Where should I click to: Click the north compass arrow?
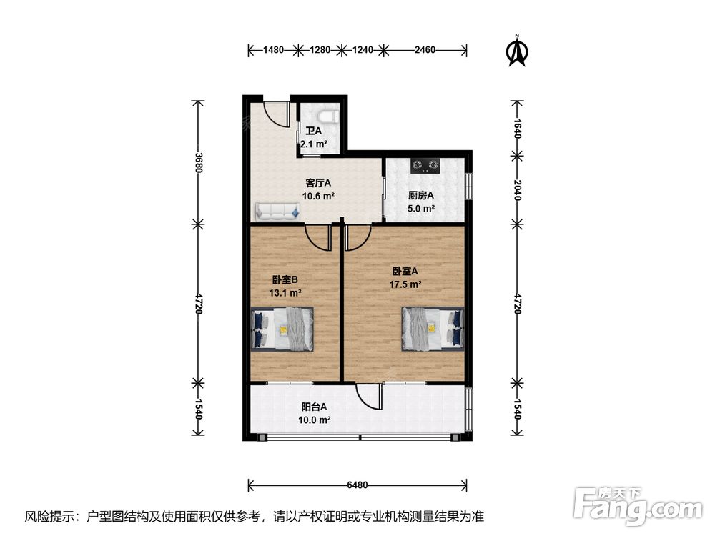click(x=517, y=51)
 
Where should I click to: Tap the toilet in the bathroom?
click(x=327, y=115)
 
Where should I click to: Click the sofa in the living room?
click(x=277, y=211)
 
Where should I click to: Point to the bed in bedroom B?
click(x=282, y=329)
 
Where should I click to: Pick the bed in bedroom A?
click(x=433, y=329)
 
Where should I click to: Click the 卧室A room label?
click(x=405, y=271)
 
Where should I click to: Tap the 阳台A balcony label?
click(x=314, y=407)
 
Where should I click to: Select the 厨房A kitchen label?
click(x=420, y=196)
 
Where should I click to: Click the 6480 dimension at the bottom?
click(x=357, y=485)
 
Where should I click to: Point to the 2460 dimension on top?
click(x=425, y=50)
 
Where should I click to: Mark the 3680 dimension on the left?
click(x=198, y=162)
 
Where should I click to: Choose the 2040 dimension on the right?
click(x=517, y=189)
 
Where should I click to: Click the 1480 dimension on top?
click(x=273, y=50)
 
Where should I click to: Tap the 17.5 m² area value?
click(x=405, y=284)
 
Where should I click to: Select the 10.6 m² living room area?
click(x=318, y=197)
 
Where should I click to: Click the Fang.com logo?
click(x=638, y=507)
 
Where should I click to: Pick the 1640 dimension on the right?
click(x=517, y=128)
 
